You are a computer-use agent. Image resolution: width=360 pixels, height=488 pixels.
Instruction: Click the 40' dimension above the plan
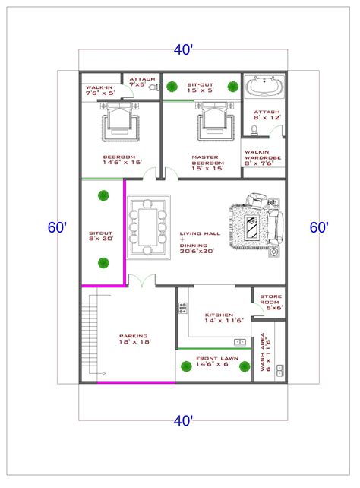(182, 50)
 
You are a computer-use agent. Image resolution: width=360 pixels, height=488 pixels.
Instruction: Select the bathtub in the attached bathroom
(263, 88)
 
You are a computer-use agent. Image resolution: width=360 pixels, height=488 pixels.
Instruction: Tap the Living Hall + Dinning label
(197, 242)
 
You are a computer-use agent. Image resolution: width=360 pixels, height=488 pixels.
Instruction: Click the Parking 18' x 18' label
(133, 339)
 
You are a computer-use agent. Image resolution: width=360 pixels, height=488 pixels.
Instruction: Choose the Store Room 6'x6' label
(272, 302)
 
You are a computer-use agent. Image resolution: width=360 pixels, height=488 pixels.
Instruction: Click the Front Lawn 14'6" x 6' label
(213, 363)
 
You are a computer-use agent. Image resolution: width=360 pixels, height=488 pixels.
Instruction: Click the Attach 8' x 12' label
(262, 114)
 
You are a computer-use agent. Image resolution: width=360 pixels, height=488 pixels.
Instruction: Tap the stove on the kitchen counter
(182, 309)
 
